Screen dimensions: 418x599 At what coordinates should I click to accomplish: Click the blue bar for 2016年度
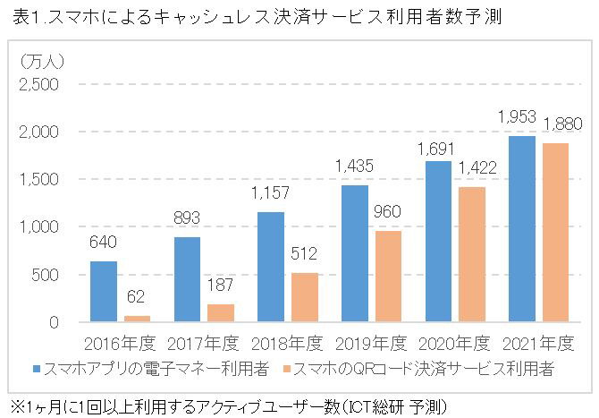[x=104, y=291]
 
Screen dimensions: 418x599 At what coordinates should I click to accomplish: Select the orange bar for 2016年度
[x=137, y=319]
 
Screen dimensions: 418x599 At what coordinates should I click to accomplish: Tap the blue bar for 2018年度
[x=271, y=267]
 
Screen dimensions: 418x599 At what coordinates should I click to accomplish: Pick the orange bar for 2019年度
[x=388, y=276]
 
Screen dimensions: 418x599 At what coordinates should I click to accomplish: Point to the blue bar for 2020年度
[x=438, y=241]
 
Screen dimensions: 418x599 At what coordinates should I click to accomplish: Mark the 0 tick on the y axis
[x=54, y=321]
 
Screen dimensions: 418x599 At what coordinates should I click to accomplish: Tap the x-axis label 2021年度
[x=537, y=343]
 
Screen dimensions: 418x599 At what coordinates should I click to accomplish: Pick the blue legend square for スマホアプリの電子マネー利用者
[x=37, y=368]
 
